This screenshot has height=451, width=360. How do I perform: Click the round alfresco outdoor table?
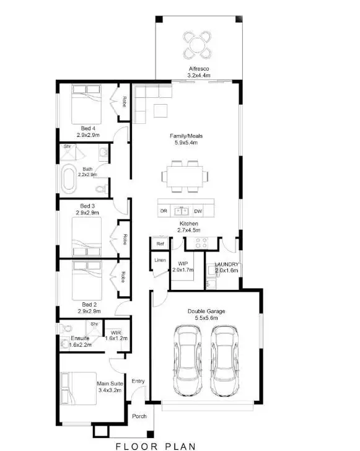[196, 43]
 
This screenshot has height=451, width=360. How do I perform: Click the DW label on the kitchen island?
[198, 211]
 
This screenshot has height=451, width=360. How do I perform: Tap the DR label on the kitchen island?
[164, 211]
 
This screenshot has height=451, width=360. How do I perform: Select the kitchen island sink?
[181, 210]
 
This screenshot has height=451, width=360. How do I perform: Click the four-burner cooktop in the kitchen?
[201, 242]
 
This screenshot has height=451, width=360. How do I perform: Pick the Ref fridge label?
[160, 244]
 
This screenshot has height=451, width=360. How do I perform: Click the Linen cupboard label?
[159, 261]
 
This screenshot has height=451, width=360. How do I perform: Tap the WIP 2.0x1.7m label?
[183, 267]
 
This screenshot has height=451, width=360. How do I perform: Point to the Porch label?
[139, 416]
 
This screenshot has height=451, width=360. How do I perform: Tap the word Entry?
[138, 381]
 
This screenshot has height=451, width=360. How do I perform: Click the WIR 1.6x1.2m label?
[115, 335]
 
